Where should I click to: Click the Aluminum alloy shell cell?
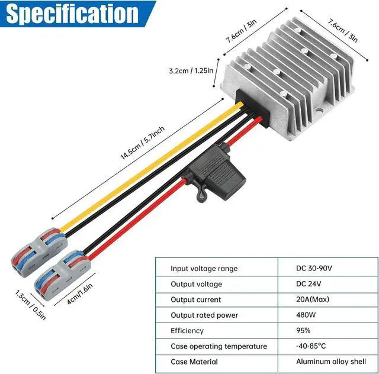(x=332, y=362)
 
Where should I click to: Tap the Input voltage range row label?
(x=204, y=269)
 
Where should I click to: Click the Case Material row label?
(x=194, y=362)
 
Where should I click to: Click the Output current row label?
(x=195, y=300)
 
